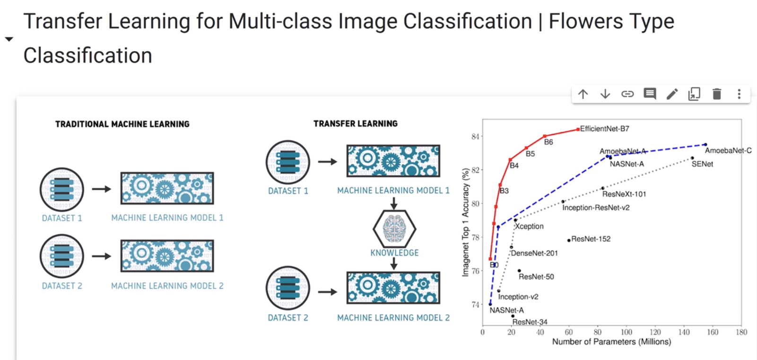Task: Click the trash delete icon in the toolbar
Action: coord(717,94)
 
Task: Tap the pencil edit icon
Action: coord(672,94)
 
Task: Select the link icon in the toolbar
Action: coord(627,94)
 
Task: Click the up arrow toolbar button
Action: coord(583,94)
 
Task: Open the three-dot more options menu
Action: coord(739,94)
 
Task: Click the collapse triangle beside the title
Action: coord(9,39)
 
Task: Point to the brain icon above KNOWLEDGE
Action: coord(394,229)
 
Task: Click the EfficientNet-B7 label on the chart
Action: coord(605,129)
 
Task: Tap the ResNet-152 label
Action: coord(591,239)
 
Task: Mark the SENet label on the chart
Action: coord(702,164)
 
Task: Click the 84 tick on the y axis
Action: coord(475,137)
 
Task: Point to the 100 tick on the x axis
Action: coord(626,332)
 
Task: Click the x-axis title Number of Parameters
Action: coord(612,342)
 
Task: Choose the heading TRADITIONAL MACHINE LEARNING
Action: coord(122,124)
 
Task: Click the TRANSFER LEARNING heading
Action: coord(356,124)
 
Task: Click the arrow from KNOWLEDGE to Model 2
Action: coord(394,263)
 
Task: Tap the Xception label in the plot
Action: coord(529,226)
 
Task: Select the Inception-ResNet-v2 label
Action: coord(596,208)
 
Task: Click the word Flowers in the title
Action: coord(585,21)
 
